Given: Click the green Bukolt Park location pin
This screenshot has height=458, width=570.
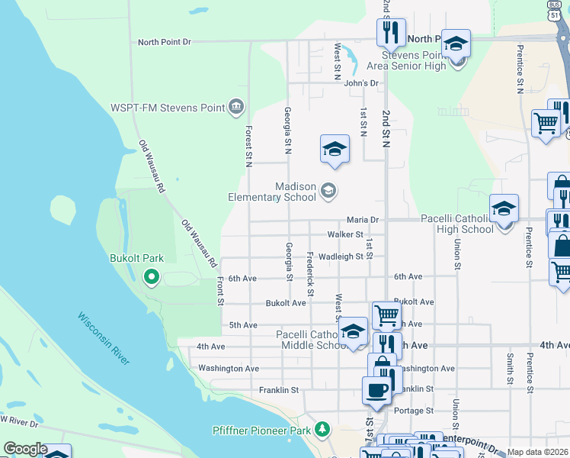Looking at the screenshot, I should point(152,278).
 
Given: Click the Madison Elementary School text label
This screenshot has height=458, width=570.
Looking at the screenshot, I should point(272,192).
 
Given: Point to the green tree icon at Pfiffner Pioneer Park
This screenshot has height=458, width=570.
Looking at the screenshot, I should point(323,431).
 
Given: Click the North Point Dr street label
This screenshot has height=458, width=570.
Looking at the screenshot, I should point(164,42).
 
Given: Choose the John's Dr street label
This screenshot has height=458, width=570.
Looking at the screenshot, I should point(361,83).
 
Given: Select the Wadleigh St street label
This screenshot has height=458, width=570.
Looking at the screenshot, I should point(341,257).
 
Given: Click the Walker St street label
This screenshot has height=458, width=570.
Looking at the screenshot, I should point(344,234).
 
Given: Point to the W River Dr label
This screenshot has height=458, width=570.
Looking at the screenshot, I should point(19,420).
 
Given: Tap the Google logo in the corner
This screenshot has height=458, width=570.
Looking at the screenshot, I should point(24,449).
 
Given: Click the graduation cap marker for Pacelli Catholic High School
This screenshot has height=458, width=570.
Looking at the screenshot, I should point(504,208).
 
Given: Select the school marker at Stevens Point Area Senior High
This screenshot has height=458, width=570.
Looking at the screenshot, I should point(456,44).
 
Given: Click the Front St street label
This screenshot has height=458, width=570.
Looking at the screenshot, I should point(220,292).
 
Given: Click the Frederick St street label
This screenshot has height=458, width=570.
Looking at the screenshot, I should point(310,274).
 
